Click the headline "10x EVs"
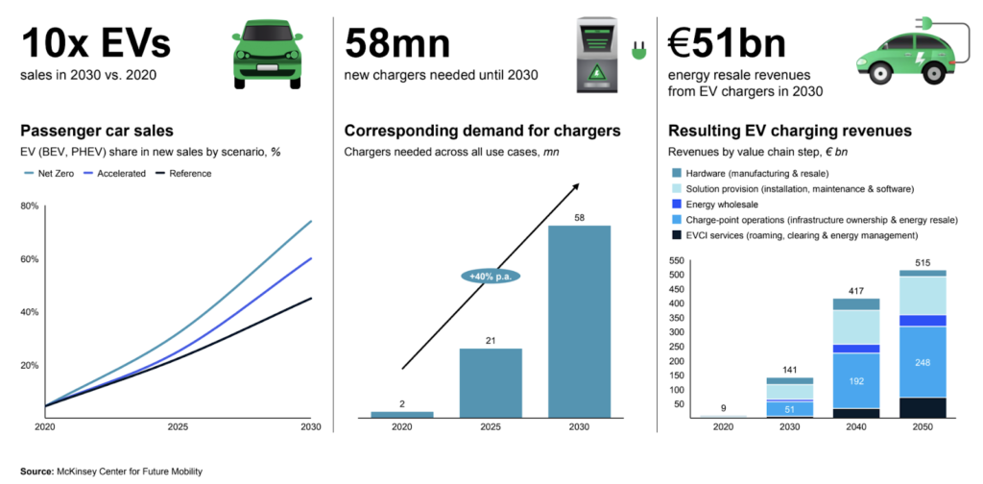(95, 43)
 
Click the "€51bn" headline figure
(727, 43)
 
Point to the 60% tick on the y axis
(29, 259)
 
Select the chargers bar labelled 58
(579, 321)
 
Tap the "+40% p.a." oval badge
(490, 277)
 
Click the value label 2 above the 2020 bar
(402, 403)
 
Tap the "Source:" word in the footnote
(36, 472)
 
